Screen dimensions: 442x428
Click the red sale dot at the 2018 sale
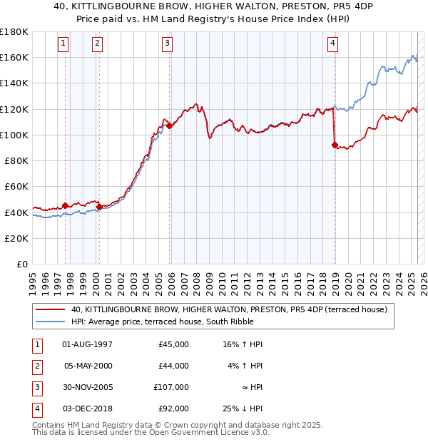(x=335, y=145)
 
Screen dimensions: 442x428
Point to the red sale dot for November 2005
(x=170, y=126)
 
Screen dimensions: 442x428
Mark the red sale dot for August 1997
(x=66, y=205)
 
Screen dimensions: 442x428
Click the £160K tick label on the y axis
(x=14, y=57)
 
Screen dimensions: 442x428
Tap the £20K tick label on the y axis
(x=16, y=238)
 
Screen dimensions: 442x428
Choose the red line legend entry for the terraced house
(x=228, y=309)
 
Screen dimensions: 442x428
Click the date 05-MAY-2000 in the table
(x=88, y=366)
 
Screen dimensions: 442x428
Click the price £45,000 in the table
(x=173, y=344)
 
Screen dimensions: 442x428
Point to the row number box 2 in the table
(x=35, y=366)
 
